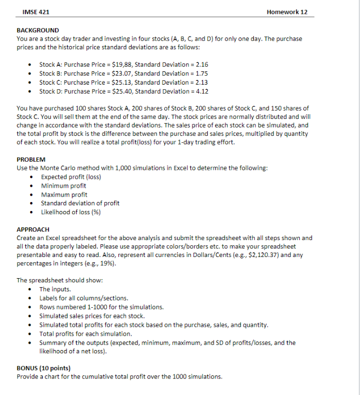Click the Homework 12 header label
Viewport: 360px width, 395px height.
pos(287,11)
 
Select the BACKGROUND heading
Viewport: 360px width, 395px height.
pos(38,30)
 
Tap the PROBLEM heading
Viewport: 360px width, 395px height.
pos(31,159)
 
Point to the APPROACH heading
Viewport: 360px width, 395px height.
pos(33,229)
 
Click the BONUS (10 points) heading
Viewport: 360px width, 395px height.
pos(43,368)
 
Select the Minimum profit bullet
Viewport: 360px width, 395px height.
pos(63,186)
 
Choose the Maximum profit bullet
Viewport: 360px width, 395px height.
pos(64,195)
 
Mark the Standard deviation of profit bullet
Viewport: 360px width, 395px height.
pos(80,203)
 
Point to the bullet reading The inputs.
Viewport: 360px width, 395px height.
pos(55,289)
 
